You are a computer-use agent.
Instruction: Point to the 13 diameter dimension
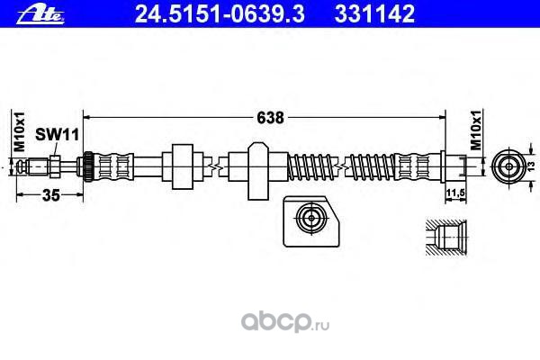tap(530, 167)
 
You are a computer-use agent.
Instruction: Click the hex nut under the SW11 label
tap(56, 166)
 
